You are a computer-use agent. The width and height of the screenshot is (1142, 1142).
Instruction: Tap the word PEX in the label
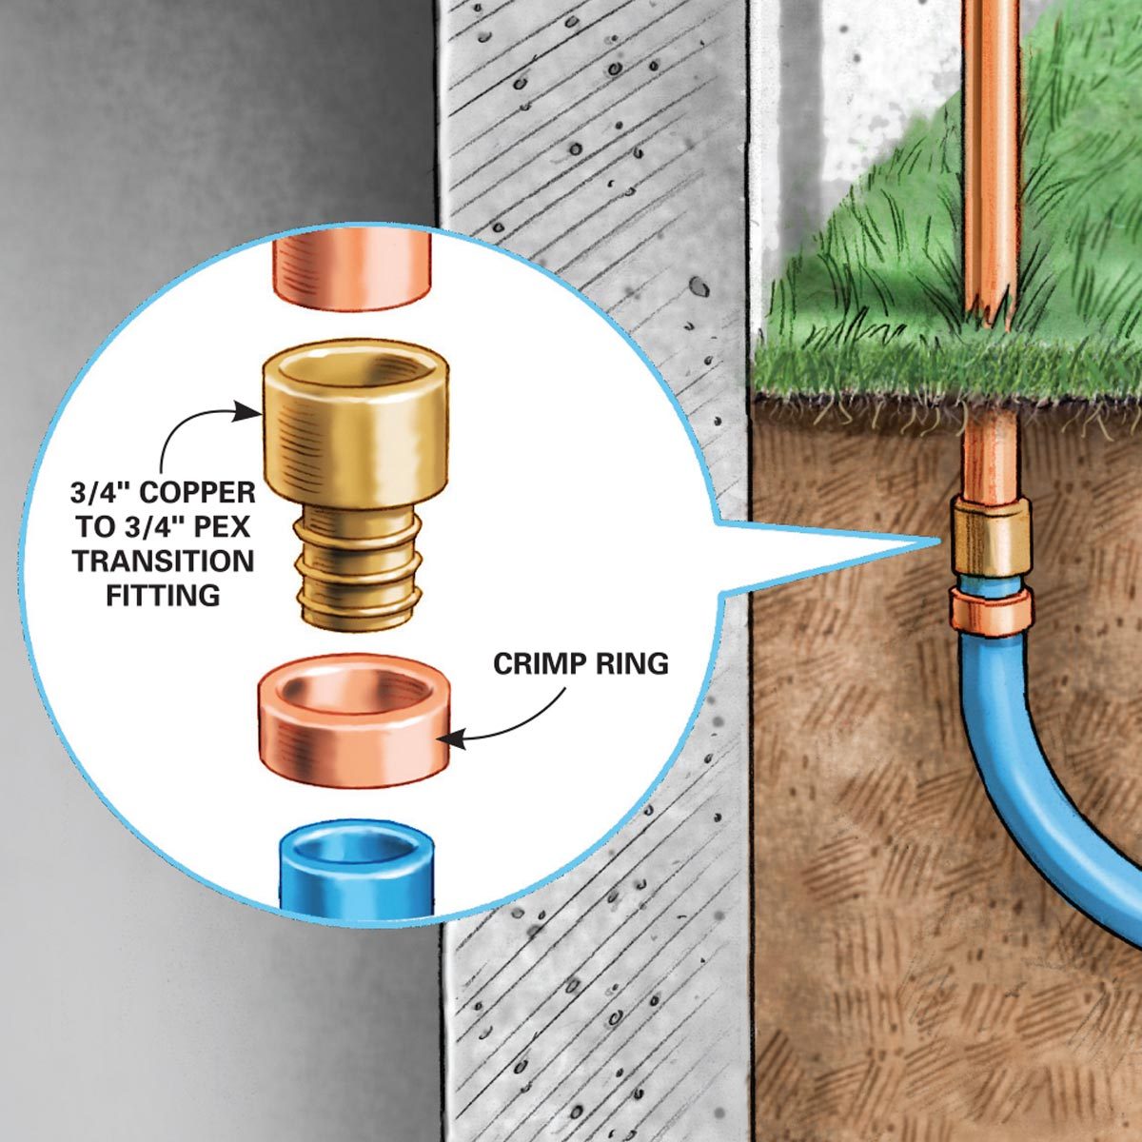226,526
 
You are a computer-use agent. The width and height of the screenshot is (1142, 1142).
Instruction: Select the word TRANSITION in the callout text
163,561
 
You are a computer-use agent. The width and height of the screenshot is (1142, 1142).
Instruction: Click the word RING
629,663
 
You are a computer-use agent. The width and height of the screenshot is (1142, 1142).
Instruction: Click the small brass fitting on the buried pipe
992,539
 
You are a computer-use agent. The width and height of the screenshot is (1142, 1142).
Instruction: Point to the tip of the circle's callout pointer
938,541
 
